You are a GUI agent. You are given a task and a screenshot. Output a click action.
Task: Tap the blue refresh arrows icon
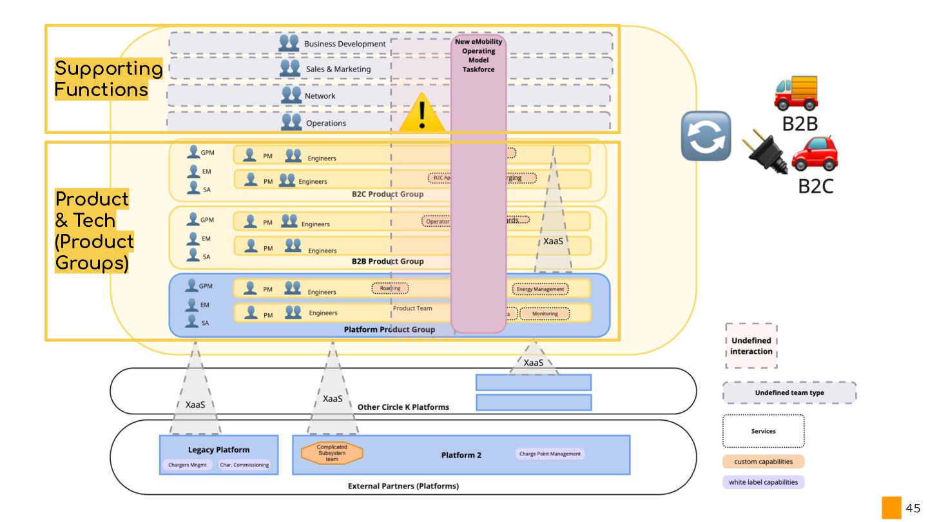(706, 136)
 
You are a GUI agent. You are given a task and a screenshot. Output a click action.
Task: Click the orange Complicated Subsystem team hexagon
(332, 452)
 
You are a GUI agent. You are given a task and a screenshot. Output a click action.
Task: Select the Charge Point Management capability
(550, 454)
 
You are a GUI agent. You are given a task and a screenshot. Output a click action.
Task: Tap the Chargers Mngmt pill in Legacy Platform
(186, 465)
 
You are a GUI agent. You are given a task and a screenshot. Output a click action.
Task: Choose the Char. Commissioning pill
(244, 465)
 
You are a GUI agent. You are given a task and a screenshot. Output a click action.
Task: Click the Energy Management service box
(540, 289)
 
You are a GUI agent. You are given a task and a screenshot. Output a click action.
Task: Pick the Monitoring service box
(545, 314)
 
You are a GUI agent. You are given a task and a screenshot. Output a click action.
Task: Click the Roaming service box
(390, 288)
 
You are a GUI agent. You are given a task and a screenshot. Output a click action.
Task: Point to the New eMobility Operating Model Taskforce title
(478, 55)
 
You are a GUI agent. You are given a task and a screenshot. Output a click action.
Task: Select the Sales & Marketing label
(338, 69)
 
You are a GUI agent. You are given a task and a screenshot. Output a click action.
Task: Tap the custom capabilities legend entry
(763, 461)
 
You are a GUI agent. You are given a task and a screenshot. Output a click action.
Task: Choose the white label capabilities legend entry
(763, 482)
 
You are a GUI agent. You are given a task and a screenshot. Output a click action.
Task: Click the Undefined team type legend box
(789, 392)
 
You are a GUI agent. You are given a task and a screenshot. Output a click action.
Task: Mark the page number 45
(913, 508)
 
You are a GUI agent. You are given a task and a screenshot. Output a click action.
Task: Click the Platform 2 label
(461, 455)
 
